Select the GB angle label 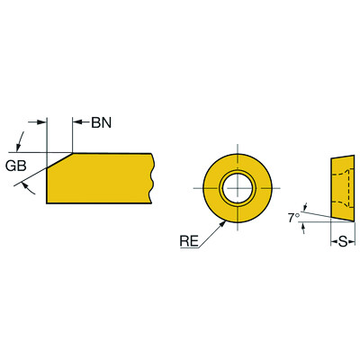(16, 166)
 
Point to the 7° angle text (292, 218)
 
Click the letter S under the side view (342, 241)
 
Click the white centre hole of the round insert (238, 186)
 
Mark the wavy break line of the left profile (155, 177)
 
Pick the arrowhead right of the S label (352, 241)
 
